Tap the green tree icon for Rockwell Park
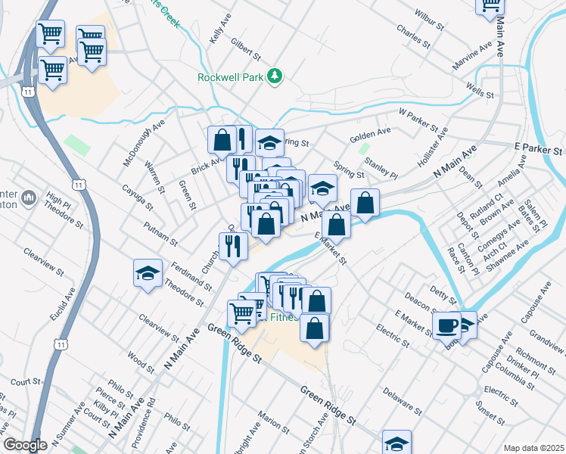[276, 76]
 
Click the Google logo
[25, 446]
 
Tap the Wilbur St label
[428, 20]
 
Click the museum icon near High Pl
[30, 198]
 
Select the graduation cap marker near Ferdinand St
[148, 273]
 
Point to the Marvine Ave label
[471, 55]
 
